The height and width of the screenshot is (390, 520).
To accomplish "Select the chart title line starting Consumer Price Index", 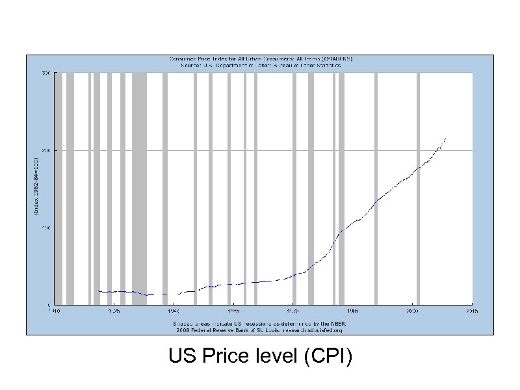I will (261, 59).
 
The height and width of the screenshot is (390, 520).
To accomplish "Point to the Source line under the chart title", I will (261, 66).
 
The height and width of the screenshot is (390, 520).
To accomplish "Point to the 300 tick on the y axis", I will (46, 73).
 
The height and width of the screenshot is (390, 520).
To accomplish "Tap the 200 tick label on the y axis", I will (46, 150).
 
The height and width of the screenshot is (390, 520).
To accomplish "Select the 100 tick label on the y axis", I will (46, 227).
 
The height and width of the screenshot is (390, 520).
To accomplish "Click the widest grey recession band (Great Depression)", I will (139, 188).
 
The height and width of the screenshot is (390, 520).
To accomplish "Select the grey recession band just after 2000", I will (418, 188).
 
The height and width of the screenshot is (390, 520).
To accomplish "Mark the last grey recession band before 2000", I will (376, 188).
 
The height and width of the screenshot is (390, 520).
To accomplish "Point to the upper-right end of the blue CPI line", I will (445, 138).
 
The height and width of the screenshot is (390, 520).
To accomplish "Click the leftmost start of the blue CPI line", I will (97, 291).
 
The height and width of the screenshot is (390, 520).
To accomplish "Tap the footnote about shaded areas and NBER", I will (260, 324).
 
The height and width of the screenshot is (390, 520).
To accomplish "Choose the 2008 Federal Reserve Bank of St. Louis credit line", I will (260, 330).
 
